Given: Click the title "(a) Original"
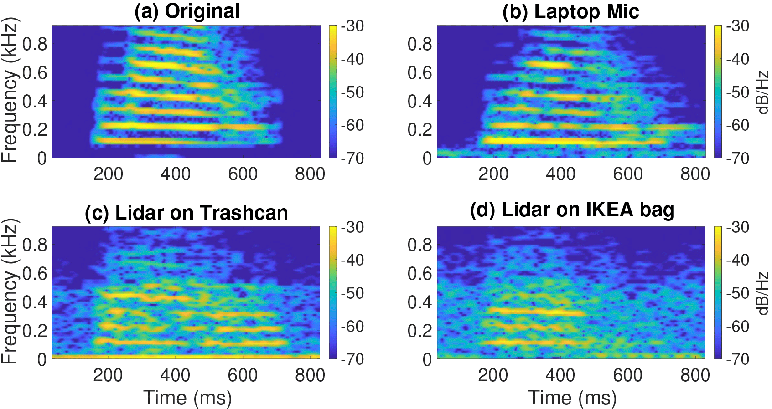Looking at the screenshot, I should (x=187, y=11).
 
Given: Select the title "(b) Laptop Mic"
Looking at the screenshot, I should (x=570, y=11).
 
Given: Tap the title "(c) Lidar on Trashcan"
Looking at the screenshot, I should (x=187, y=213).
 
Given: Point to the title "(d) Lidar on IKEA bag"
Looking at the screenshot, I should (x=572, y=210).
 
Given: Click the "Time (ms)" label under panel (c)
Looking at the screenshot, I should (x=187, y=398).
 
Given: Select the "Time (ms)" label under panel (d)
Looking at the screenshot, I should (x=572, y=398).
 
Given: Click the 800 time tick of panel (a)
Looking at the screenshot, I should (x=310, y=174).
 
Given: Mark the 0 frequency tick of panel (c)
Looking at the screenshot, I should (x=42, y=359).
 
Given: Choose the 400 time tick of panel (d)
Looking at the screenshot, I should (x=560, y=375).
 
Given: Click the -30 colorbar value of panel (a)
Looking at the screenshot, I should (x=352, y=26).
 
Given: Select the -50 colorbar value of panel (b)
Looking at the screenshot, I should (x=737, y=92).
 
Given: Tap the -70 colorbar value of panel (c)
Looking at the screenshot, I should (x=352, y=359).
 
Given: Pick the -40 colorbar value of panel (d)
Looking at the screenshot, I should (x=737, y=260).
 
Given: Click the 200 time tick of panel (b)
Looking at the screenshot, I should (x=493, y=174).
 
